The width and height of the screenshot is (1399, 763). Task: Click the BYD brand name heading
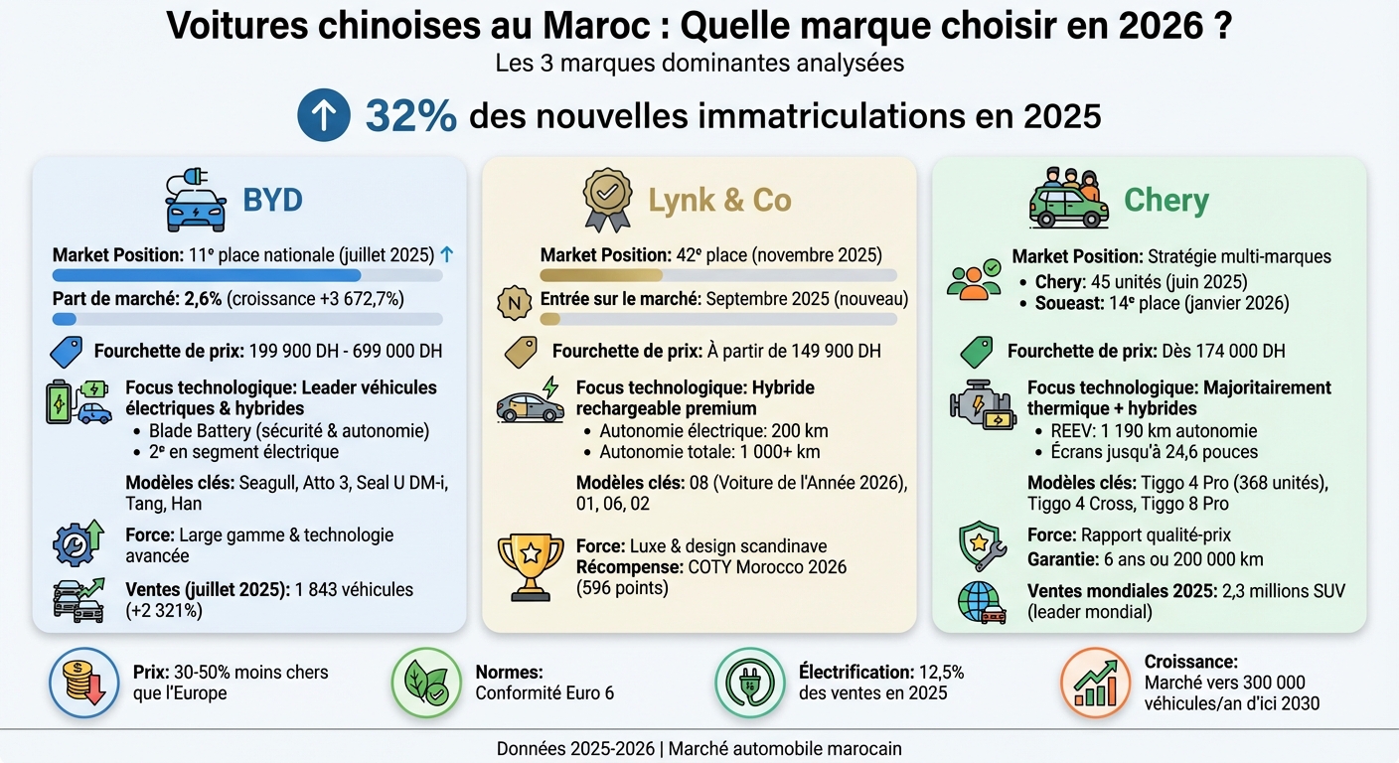[272, 200]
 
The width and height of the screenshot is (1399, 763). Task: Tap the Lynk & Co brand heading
[719, 200]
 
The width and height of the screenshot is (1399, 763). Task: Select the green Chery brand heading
[1166, 200]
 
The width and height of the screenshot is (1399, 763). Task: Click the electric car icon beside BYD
[195, 202]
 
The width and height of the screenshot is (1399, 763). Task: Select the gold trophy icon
[530, 567]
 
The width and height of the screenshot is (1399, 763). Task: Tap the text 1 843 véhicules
[354, 589]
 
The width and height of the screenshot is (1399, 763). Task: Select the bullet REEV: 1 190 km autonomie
[1153, 431]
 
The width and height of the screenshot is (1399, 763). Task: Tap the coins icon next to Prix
[83, 683]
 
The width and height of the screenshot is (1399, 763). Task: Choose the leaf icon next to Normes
[425, 683]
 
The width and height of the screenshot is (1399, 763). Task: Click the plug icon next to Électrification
[749, 683]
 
